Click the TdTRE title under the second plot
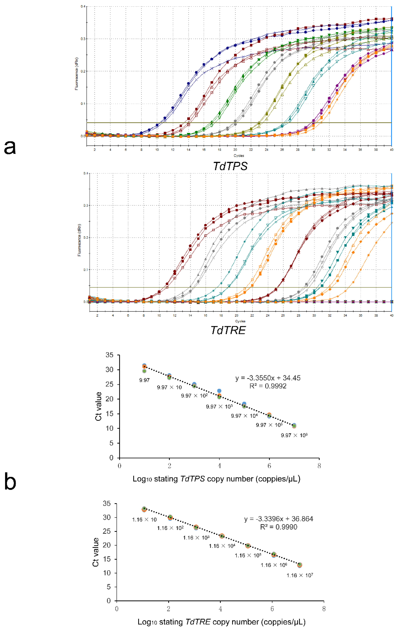[228, 330]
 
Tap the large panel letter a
[10, 147]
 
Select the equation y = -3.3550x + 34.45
[268, 378]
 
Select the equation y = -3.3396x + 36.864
[279, 519]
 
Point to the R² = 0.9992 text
[268, 386]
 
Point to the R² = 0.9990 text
[279, 527]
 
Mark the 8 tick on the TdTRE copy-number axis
[324, 609]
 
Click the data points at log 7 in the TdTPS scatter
[294, 426]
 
